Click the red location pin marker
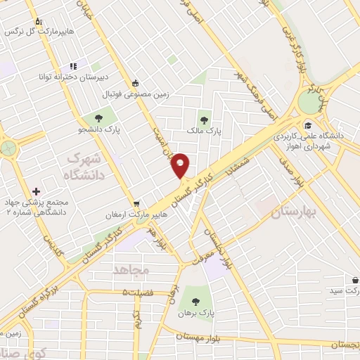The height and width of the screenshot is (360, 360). click(181, 165)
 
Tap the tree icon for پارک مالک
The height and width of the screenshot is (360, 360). click(205, 120)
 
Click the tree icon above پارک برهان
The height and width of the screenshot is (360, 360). click(195, 302)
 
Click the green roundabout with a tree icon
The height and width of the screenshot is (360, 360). click(8, 148)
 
